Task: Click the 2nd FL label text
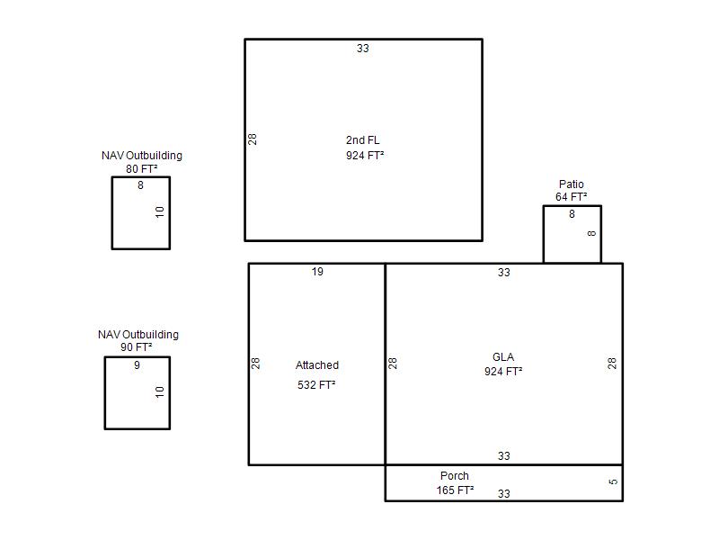363,140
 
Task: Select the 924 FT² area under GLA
503,371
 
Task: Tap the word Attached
317,365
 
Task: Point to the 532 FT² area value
316,385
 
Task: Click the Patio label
572,184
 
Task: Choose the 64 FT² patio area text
572,197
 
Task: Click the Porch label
455,476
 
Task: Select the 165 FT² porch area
456,490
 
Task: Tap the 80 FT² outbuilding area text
142,169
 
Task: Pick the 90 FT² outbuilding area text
137,347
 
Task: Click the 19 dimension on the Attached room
317,272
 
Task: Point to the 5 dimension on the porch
613,481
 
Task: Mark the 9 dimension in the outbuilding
138,365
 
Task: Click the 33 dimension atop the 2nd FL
363,49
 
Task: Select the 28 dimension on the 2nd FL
253,139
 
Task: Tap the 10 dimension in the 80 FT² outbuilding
160,211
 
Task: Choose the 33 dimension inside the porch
504,493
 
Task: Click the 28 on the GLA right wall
612,364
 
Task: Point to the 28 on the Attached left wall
256,364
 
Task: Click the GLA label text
503,356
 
